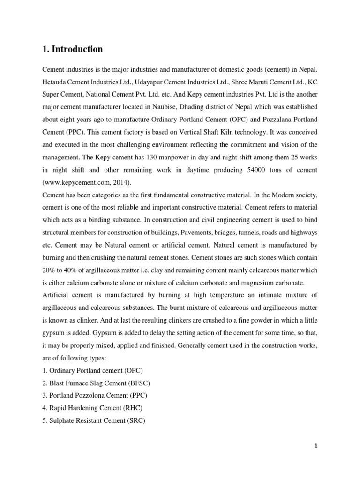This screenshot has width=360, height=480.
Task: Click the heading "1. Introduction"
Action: pos(72,49)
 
